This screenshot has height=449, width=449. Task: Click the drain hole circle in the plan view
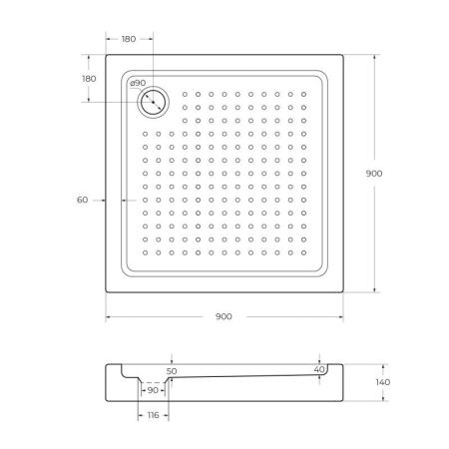[155, 101]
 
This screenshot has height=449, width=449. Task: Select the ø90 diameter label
[138, 83]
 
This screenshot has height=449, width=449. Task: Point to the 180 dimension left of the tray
[89, 79]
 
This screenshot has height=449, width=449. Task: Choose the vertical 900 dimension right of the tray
[374, 174]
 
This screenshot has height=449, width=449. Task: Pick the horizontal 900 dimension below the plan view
[224, 317]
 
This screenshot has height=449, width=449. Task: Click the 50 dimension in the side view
[172, 370]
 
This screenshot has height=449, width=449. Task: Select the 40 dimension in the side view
[318, 369]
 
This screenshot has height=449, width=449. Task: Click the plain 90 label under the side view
[154, 391]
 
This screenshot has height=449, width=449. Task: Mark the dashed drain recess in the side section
[154, 382]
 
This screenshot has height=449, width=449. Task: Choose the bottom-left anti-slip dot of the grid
[146, 250]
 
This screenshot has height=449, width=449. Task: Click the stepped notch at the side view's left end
[118, 371]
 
